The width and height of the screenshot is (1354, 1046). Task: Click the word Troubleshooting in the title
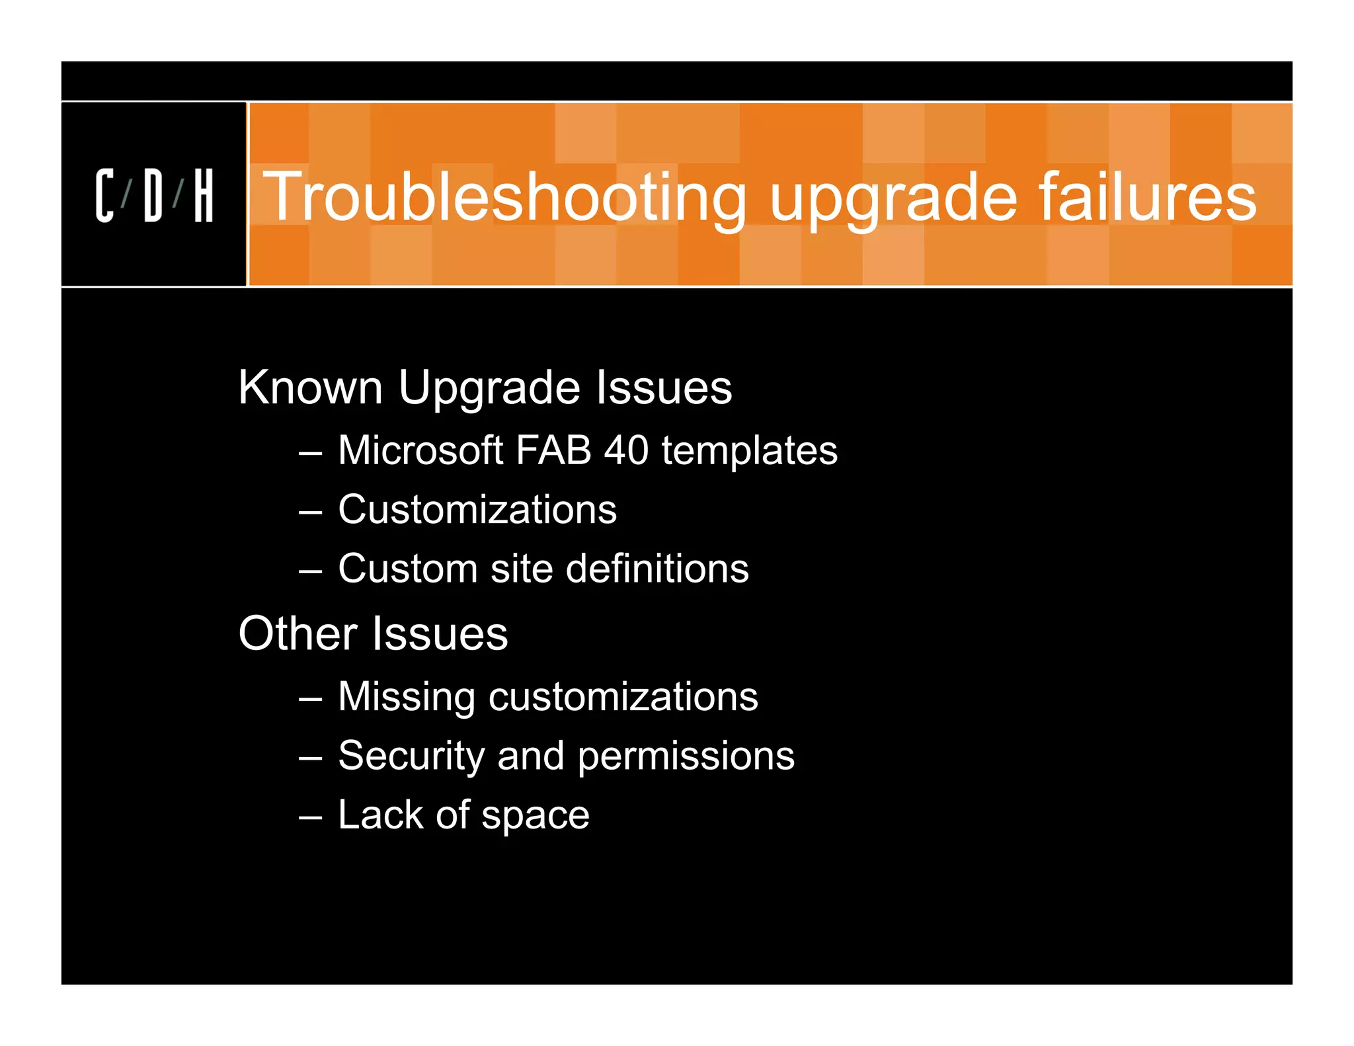505,196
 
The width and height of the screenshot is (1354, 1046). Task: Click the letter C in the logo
104,196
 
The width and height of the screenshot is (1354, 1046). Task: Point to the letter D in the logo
153,196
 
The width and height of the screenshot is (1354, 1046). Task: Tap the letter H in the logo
204,196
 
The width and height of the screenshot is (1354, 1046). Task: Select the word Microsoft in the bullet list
420,450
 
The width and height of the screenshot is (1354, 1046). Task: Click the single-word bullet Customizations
477,510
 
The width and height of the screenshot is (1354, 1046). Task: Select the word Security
411,756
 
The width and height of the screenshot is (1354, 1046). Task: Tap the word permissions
686,757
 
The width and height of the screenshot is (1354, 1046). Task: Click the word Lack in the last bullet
380,815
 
